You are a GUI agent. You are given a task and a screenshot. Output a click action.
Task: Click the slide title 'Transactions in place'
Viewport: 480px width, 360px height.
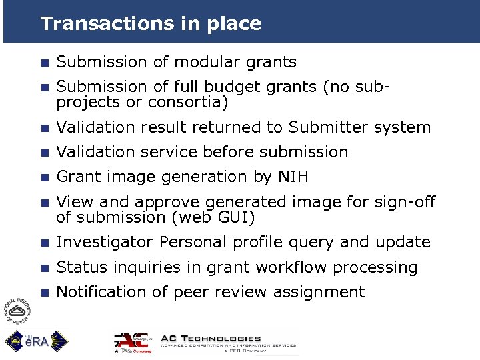151,24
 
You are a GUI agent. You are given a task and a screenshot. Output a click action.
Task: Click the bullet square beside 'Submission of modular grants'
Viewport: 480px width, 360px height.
44,63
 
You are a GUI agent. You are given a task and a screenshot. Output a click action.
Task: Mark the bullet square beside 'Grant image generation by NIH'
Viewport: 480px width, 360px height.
44,177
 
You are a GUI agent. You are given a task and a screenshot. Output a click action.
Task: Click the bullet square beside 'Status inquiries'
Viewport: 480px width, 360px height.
44,268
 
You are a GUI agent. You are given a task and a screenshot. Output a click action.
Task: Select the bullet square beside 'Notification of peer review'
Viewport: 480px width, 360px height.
44,293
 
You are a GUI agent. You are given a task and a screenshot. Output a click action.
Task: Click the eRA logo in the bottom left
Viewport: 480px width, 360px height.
33,341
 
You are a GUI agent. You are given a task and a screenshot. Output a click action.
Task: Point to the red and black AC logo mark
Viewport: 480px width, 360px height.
133,342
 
